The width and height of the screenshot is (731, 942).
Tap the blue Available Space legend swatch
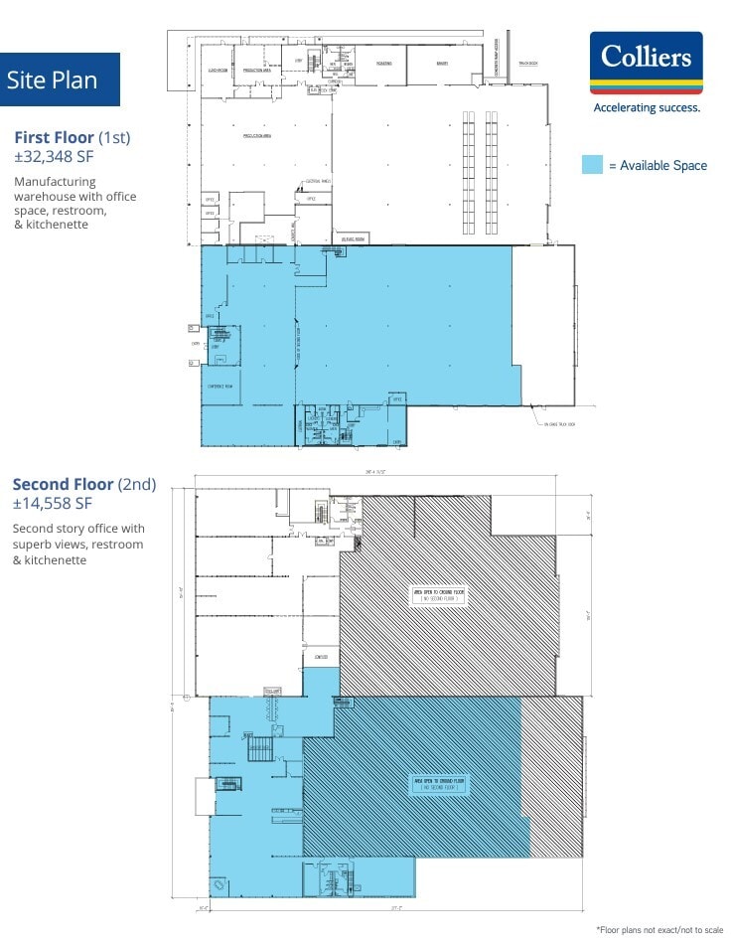pos(592,165)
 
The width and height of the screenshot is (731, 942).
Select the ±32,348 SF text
pos(54,156)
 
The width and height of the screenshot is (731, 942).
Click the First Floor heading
pos(73,137)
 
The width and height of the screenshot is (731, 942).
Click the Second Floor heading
pos(84,485)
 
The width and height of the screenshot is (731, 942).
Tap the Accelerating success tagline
pos(646,107)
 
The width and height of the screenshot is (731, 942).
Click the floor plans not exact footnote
pos(659,930)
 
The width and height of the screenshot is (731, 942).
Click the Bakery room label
pos(442,63)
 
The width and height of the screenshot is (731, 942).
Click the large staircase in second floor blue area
pos(260,746)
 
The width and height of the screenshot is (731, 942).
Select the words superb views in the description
pos(49,545)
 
